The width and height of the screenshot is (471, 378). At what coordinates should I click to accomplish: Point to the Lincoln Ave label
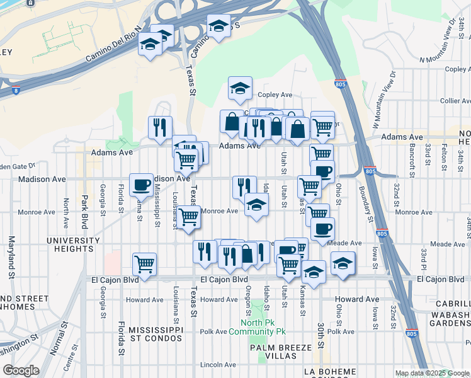click(x=217, y=365)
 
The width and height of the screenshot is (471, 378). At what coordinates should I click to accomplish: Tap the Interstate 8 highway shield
click(x=15, y=90)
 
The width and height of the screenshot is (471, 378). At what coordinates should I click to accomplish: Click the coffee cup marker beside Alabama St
click(x=141, y=185)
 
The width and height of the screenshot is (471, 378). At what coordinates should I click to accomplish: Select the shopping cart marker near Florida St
click(x=145, y=263)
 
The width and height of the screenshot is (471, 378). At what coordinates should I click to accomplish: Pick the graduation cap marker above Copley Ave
click(x=240, y=89)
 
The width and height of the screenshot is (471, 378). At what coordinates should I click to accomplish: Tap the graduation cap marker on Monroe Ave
click(x=256, y=205)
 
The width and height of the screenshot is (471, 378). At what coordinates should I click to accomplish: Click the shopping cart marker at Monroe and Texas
click(x=189, y=217)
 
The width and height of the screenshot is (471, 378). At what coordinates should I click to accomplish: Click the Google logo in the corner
click(x=21, y=370)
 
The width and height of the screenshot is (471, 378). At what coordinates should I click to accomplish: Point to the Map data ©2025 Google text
click(x=431, y=373)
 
